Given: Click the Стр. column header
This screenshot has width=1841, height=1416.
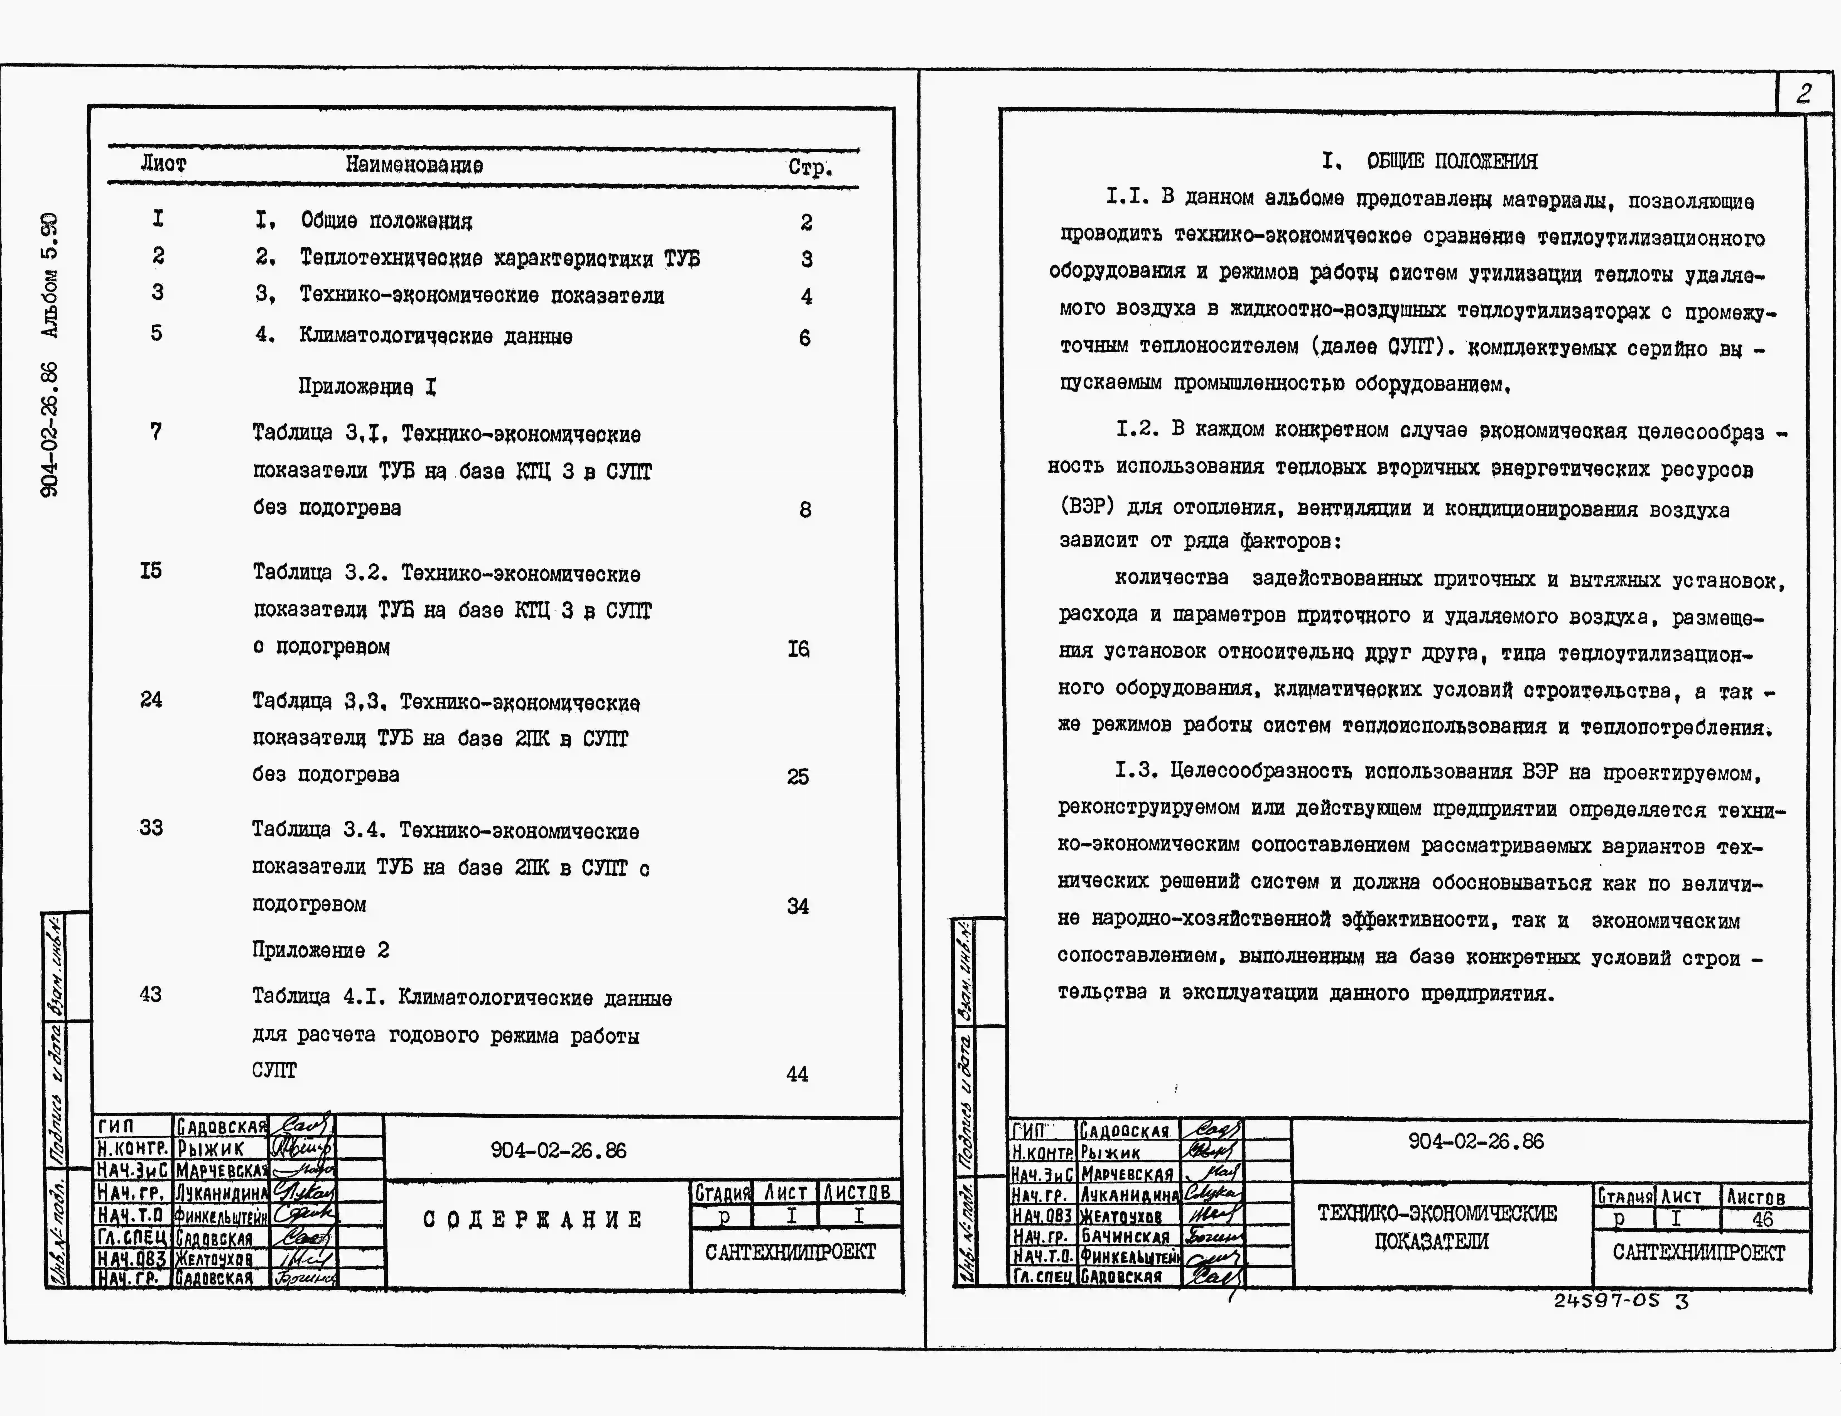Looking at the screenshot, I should tap(810, 167).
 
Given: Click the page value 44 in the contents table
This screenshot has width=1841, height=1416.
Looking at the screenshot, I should tap(797, 1074).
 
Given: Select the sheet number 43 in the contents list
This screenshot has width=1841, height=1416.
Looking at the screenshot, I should tap(151, 995).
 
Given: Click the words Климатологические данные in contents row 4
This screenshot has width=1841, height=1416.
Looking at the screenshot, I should tap(436, 336).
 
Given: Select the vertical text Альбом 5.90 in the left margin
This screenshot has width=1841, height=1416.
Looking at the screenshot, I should tap(51, 276).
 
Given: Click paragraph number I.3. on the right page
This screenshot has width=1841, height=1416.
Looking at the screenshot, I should tap(1135, 769).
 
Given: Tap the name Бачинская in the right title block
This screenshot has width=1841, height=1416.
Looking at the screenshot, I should tap(1126, 1236).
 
